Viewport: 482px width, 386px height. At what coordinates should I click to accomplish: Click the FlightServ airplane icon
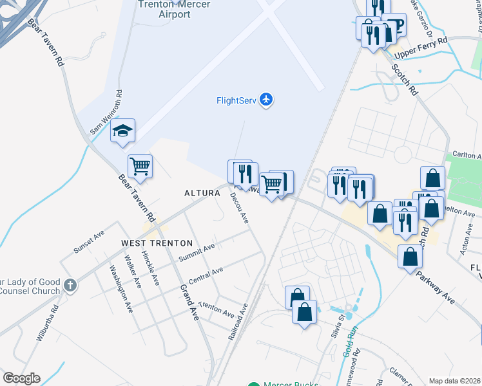point(266,100)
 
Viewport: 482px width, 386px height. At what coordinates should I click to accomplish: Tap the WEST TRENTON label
point(157,243)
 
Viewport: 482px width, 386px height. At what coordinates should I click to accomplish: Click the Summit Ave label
point(197,252)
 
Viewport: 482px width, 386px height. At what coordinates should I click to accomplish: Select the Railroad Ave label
point(238,322)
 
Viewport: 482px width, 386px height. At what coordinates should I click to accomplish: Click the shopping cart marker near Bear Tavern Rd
point(140,167)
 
